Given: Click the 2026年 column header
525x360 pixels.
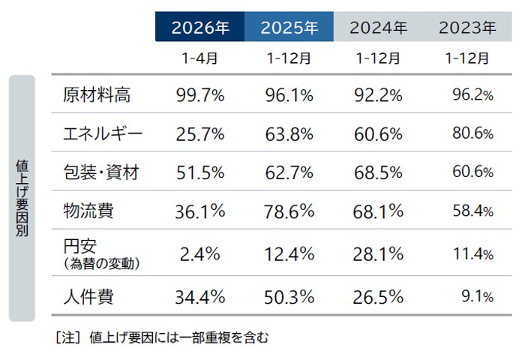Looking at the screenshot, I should (x=199, y=28).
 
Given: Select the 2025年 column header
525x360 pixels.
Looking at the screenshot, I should (x=289, y=28).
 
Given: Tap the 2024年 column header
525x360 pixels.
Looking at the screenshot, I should (x=378, y=28).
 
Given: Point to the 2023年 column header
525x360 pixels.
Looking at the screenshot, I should (x=467, y=28).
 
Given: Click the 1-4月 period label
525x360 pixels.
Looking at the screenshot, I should (x=199, y=58).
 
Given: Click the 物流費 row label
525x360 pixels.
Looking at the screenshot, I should (x=88, y=211).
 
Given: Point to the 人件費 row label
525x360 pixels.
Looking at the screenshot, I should (x=88, y=296).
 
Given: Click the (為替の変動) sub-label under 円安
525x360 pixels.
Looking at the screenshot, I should (x=103, y=264).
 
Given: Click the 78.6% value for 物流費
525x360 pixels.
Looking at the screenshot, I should (x=289, y=211).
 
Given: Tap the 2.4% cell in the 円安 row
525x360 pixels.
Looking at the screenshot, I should (x=199, y=254).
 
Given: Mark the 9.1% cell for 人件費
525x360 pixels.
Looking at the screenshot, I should (x=477, y=296).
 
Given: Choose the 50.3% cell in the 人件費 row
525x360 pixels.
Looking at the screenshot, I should (x=289, y=296).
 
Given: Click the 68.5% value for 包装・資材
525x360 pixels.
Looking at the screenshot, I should (x=378, y=172).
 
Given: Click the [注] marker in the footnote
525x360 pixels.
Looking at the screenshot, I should (x=67, y=338).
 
